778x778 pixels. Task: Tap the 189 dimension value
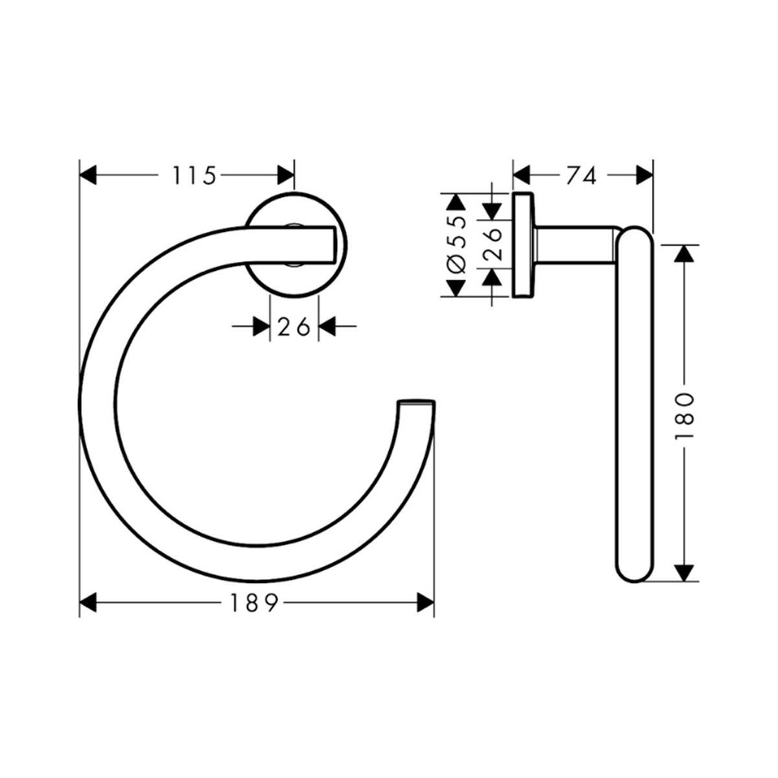(254, 603)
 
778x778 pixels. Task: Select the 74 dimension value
(581, 176)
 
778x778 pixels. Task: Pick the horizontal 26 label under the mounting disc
(294, 327)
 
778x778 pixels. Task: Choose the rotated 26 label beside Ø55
(492, 244)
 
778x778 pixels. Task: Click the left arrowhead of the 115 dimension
(88, 176)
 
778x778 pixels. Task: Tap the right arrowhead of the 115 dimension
(285, 176)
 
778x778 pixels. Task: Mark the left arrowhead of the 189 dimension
(88, 603)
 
